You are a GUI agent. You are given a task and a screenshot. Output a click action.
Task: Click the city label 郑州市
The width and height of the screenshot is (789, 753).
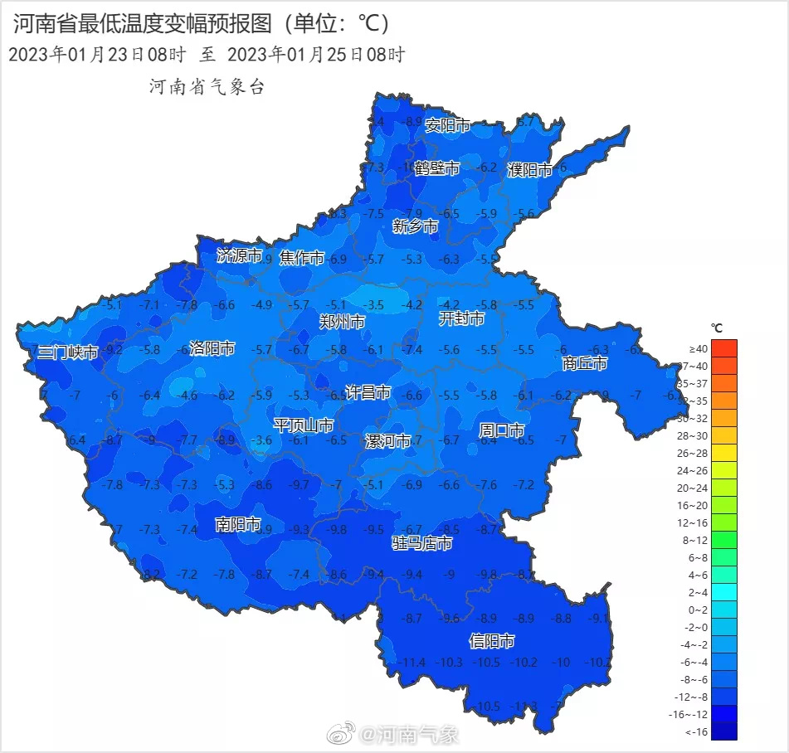click(342, 322)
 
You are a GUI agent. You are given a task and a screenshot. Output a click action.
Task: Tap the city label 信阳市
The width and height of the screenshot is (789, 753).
click(492, 641)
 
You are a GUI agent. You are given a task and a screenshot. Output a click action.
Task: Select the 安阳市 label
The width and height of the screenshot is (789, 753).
click(447, 125)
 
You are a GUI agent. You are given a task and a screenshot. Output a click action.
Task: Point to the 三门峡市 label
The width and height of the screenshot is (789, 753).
click(68, 352)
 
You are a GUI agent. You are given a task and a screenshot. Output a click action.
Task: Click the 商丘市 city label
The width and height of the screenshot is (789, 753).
click(585, 363)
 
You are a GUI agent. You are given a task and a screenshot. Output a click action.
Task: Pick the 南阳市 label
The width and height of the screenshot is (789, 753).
click(238, 524)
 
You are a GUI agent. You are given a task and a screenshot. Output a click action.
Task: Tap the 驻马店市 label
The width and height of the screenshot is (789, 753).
click(422, 543)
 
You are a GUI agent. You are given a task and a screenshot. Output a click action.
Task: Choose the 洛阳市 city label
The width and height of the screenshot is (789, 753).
click(212, 348)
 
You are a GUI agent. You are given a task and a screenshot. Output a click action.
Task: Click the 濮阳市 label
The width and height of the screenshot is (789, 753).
click(529, 170)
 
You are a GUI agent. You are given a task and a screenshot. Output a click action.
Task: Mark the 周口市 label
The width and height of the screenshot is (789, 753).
click(502, 430)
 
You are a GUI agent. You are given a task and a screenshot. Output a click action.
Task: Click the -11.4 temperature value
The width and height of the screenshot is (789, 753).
click(412, 662)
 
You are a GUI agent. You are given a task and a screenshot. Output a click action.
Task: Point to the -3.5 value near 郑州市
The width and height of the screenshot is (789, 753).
click(375, 305)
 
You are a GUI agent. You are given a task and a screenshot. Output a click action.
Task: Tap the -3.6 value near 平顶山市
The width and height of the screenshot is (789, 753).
click(262, 440)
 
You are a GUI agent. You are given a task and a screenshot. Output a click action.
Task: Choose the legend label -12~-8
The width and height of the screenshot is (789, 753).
click(692, 697)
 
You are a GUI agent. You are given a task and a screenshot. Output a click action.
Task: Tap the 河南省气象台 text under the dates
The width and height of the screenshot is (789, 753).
click(207, 87)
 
